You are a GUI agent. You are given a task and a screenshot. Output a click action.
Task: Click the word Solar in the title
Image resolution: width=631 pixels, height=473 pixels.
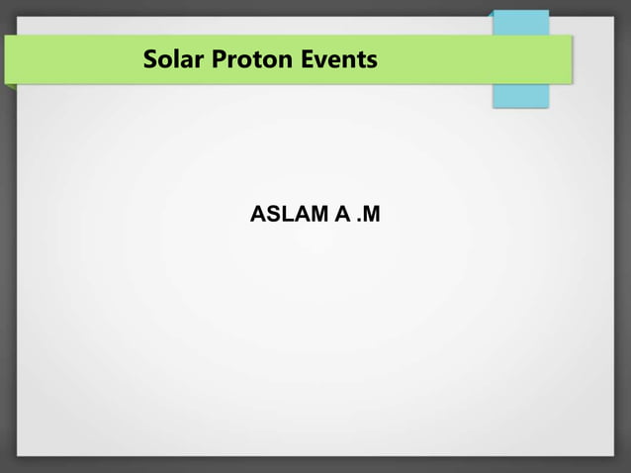[x=169, y=59]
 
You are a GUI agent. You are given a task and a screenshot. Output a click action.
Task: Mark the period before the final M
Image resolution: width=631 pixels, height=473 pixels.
[x=357, y=221]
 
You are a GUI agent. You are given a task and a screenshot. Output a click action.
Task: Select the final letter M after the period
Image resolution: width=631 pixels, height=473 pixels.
[x=369, y=215]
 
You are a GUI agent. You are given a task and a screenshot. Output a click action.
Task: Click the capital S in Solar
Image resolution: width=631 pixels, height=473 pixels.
[x=151, y=59]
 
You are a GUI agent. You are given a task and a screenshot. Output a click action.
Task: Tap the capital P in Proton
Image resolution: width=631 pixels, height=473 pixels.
[x=210, y=59]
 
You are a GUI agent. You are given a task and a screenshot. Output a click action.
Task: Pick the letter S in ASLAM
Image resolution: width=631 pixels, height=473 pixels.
[x=273, y=215]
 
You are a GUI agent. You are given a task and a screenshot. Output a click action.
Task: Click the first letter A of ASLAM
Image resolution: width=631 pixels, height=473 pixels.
[x=259, y=215]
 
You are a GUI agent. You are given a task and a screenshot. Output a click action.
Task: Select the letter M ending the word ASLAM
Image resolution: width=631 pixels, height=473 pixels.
[x=317, y=215]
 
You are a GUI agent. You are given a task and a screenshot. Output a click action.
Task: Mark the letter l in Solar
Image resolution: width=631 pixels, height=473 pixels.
[x=175, y=59]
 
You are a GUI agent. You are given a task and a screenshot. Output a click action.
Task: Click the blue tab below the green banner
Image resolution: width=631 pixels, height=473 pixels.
[x=520, y=95]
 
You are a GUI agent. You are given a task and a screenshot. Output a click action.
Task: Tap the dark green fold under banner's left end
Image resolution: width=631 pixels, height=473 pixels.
[x=9, y=87]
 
